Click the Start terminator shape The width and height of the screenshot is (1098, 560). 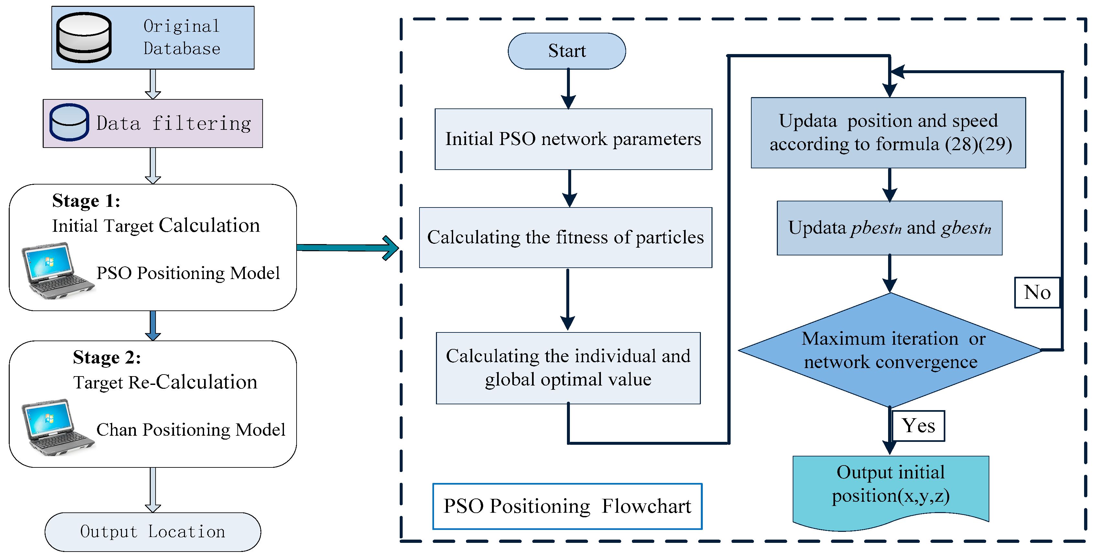click(x=567, y=51)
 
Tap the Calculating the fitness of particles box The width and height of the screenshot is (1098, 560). click(x=565, y=238)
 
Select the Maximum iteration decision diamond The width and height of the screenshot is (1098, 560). click(x=890, y=350)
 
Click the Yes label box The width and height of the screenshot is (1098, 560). click(x=918, y=426)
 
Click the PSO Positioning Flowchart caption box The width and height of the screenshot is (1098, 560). click(x=567, y=506)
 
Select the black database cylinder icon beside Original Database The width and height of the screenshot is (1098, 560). click(x=84, y=38)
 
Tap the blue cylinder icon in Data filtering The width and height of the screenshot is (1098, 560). click(x=69, y=122)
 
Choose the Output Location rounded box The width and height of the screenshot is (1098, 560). click(x=153, y=532)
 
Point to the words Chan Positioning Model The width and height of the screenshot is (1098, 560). click(x=190, y=430)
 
